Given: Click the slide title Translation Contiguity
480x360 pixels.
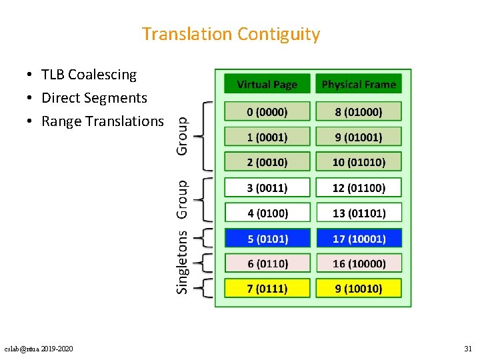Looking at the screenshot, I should click(x=231, y=34).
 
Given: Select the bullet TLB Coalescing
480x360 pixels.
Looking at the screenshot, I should click(x=89, y=75).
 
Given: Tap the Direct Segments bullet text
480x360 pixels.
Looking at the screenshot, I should click(x=94, y=98).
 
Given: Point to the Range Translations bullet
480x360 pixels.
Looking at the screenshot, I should click(x=102, y=121).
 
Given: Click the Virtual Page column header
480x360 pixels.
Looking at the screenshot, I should click(x=267, y=84).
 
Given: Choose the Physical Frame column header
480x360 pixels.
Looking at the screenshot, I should click(x=359, y=84).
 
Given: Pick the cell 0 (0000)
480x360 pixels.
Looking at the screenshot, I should click(x=267, y=111).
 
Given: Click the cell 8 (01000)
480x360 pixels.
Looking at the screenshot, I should click(x=359, y=111).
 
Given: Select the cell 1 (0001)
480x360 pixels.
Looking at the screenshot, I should click(x=267, y=137).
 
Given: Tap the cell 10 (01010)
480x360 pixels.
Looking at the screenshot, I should click(x=359, y=162).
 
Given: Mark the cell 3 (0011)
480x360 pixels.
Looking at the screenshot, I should click(x=267, y=188).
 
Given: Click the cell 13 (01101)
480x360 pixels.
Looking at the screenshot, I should click(x=359, y=213).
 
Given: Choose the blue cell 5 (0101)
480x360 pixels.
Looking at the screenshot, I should click(x=267, y=238).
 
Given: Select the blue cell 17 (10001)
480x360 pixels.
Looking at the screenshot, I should click(x=359, y=238).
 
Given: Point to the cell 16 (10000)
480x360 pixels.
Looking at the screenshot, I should click(x=359, y=263).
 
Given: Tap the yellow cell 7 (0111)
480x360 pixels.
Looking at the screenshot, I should click(x=267, y=288).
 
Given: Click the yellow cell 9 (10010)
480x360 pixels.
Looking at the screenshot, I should click(x=359, y=288).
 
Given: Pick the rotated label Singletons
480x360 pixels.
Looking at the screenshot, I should click(x=182, y=261).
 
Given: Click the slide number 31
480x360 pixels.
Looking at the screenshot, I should click(x=467, y=349).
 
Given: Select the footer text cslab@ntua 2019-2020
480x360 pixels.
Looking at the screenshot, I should click(x=39, y=349).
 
